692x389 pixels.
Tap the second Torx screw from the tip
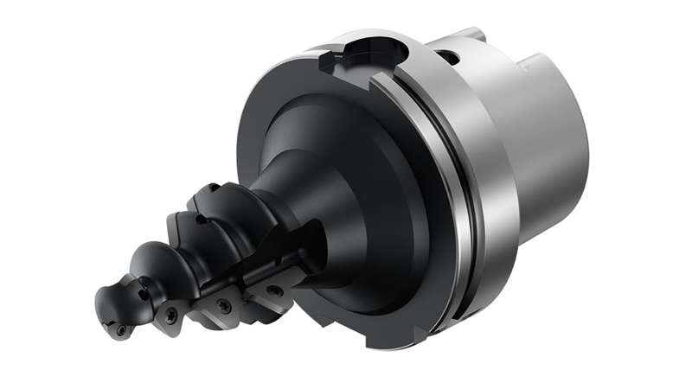click(x=170, y=316)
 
